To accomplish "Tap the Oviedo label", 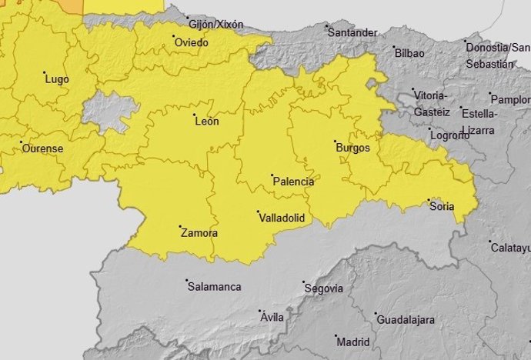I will click(192, 43).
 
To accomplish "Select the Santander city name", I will click(352, 33).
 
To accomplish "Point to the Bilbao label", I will click(409, 54).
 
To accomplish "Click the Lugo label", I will click(57, 79).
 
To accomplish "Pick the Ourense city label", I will click(42, 148).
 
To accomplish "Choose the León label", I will click(207, 122).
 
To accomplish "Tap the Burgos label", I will click(354, 148).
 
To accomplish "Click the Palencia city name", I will click(294, 182).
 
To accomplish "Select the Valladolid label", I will click(281, 218).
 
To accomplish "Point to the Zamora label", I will click(199, 233).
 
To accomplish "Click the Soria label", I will click(442, 206).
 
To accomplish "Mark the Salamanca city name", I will click(215, 287).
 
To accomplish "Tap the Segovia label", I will click(324, 289).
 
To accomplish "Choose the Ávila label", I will click(272, 318).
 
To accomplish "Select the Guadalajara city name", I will click(406, 319).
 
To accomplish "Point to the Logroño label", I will click(450, 135).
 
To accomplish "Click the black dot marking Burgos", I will click(335, 142).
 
